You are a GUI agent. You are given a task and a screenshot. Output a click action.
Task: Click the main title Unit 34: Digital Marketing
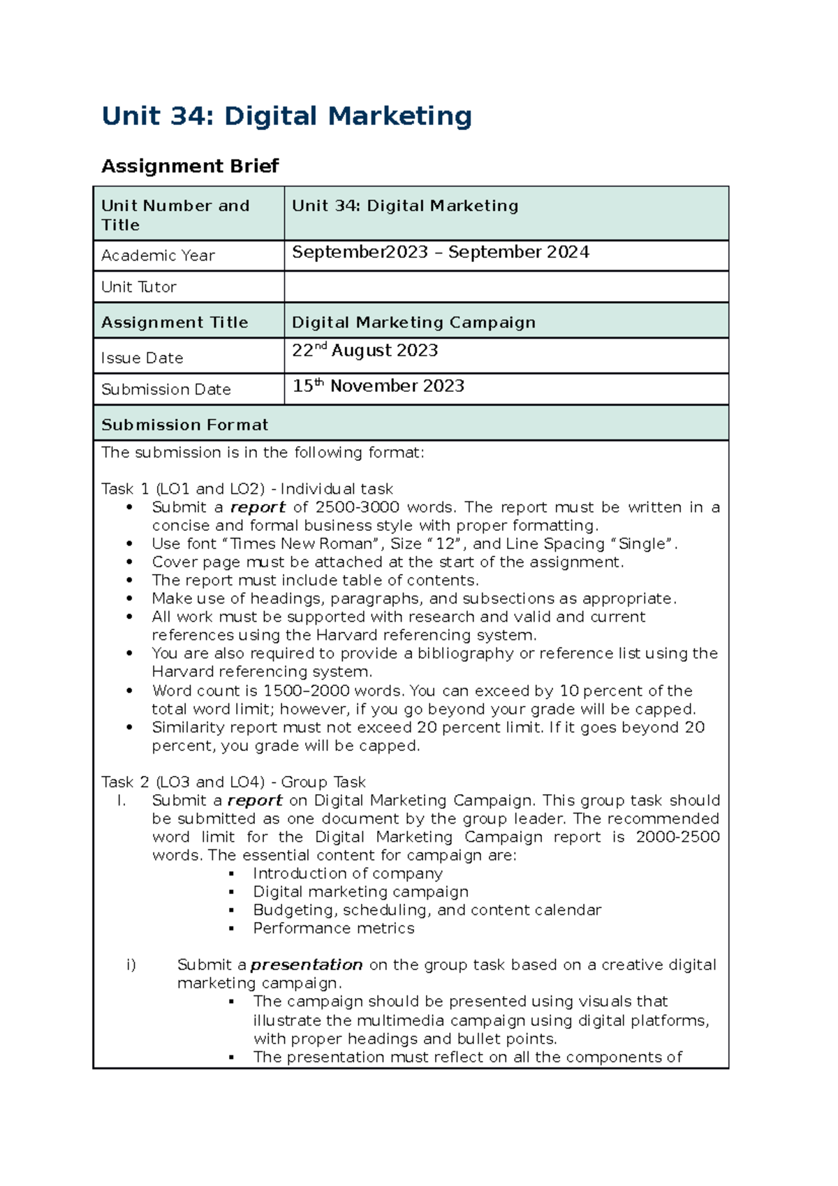(286, 116)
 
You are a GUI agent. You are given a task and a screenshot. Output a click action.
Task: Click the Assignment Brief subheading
(190, 166)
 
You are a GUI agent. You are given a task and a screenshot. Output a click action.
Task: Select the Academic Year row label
(158, 256)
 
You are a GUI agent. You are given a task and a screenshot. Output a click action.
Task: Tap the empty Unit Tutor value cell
(506, 286)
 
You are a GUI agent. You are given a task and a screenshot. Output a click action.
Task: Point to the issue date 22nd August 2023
(365, 350)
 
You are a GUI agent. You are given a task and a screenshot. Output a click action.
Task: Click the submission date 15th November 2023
(378, 386)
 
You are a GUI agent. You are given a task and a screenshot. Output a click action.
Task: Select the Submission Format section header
(185, 425)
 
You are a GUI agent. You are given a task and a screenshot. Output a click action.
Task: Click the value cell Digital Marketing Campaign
(413, 322)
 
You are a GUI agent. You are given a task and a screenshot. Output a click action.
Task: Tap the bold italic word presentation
(307, 965)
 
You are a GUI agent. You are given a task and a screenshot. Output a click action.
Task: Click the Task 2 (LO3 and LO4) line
(233, 782)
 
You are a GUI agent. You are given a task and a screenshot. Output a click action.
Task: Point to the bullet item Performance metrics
(334, 928)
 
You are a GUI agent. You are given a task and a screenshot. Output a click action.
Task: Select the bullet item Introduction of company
(348, 873)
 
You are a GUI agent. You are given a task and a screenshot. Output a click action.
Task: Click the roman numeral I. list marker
(122, 800)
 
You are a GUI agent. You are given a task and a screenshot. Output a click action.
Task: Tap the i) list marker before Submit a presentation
(131, 965)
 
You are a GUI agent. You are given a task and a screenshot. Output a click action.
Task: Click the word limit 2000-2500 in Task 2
(677, 837)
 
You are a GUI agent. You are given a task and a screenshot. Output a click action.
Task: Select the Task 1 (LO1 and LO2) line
(247, 489)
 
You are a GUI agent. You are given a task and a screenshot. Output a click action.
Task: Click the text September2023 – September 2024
(440, 252)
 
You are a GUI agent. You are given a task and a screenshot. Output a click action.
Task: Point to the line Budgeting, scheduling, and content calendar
(427, 910)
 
